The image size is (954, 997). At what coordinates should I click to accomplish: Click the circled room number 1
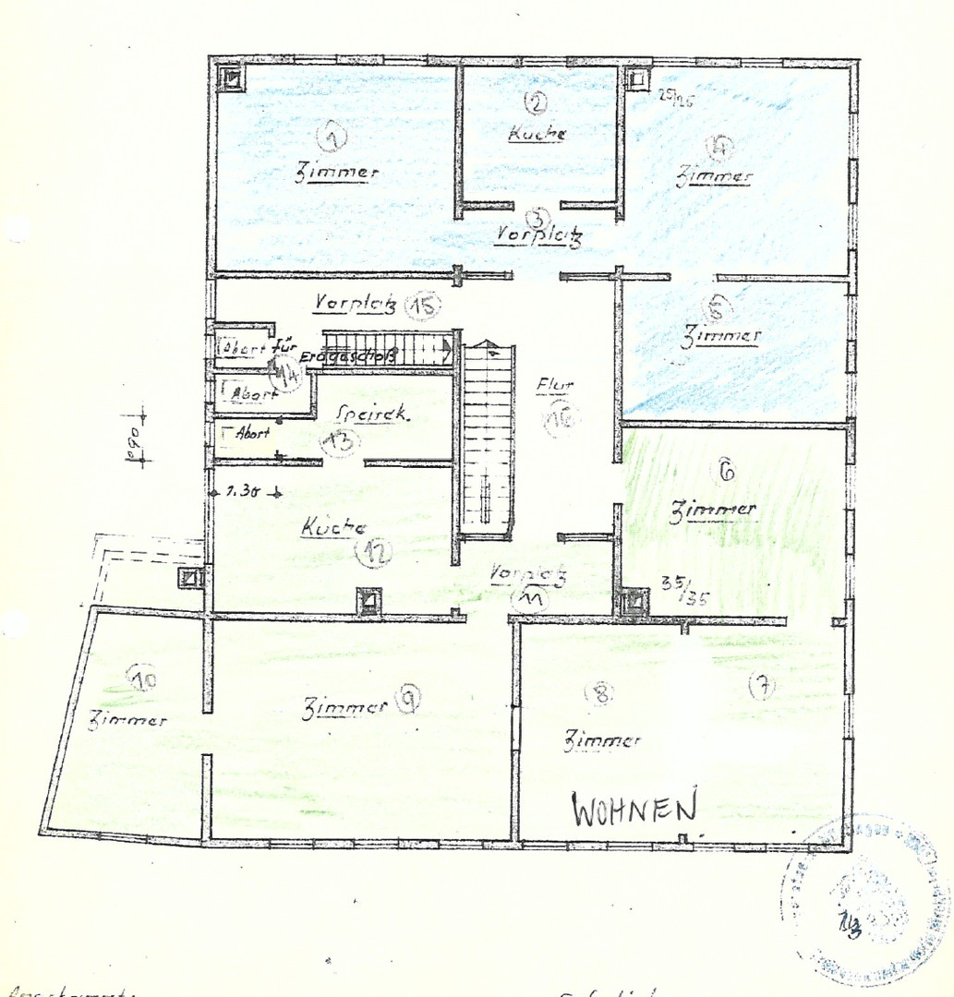[x=332, y=138]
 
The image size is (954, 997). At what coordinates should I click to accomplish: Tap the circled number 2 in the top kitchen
[x=537, y=102]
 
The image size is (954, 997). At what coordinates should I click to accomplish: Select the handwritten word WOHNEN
[x=634, y=810]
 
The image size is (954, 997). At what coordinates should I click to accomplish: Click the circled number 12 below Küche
[x=373, y=551]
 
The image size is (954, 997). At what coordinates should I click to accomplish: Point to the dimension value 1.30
[x=244, y=492]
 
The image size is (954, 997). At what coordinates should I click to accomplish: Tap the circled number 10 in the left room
[x=143, y=679]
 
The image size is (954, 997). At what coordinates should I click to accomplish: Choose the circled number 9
[x=407, y=700]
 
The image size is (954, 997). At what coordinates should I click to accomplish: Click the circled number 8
[x=602, y=694]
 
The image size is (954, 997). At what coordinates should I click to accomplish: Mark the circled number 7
[x=763, y=686]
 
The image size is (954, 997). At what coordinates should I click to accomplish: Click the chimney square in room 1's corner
[x=231, y=78]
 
